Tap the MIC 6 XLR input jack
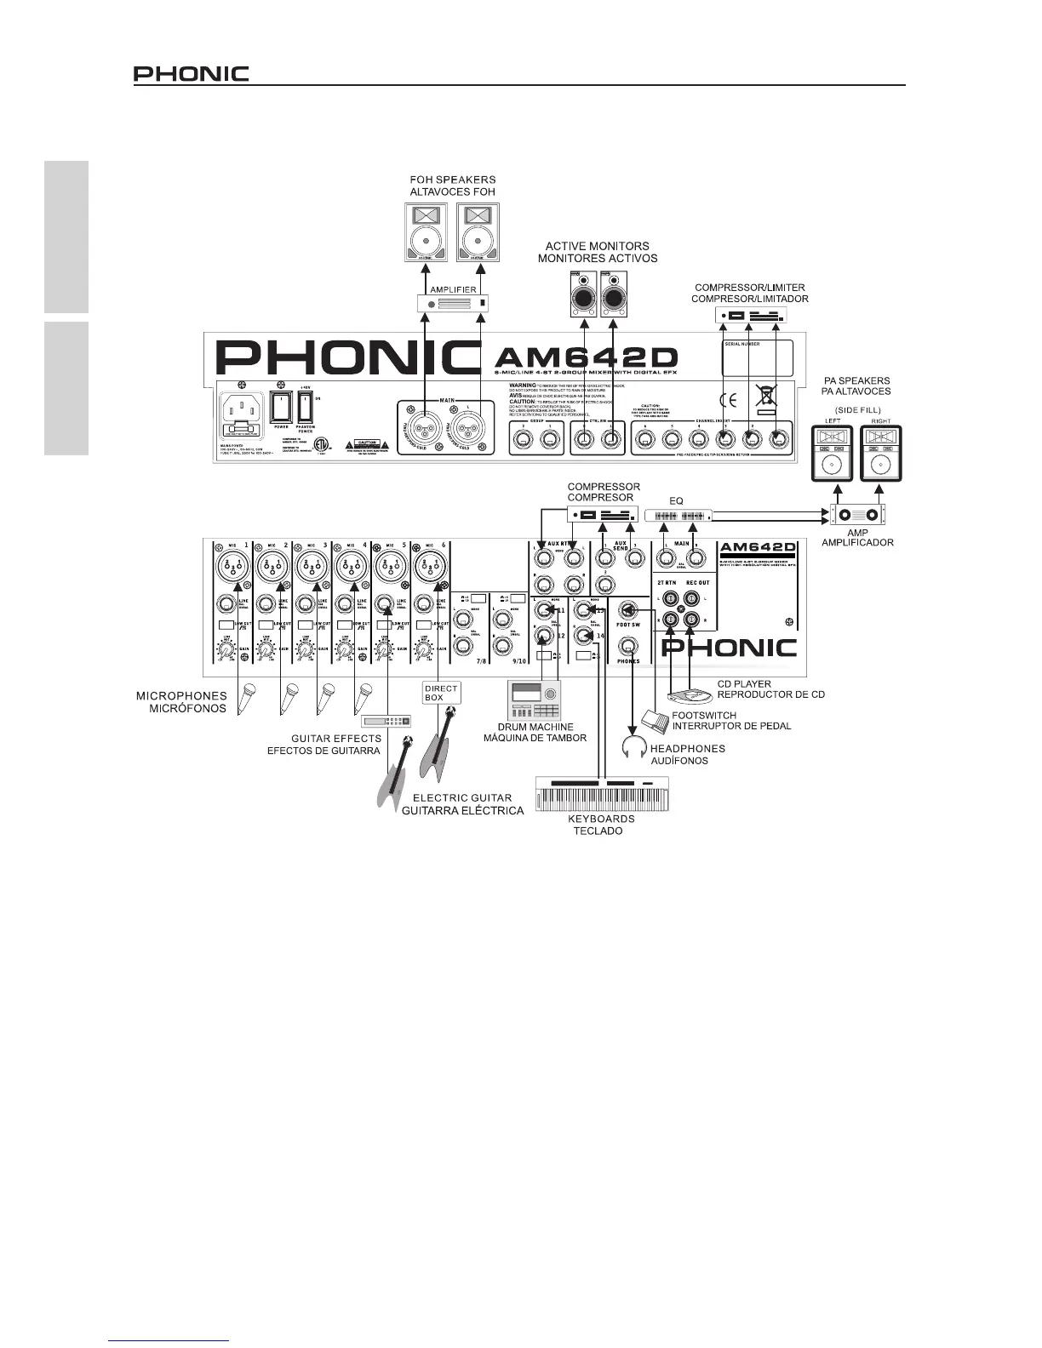427,564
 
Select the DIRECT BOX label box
441,693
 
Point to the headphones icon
633,748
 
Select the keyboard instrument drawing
601,793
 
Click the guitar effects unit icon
386,722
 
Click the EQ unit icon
677,516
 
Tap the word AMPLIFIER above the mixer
453,290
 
